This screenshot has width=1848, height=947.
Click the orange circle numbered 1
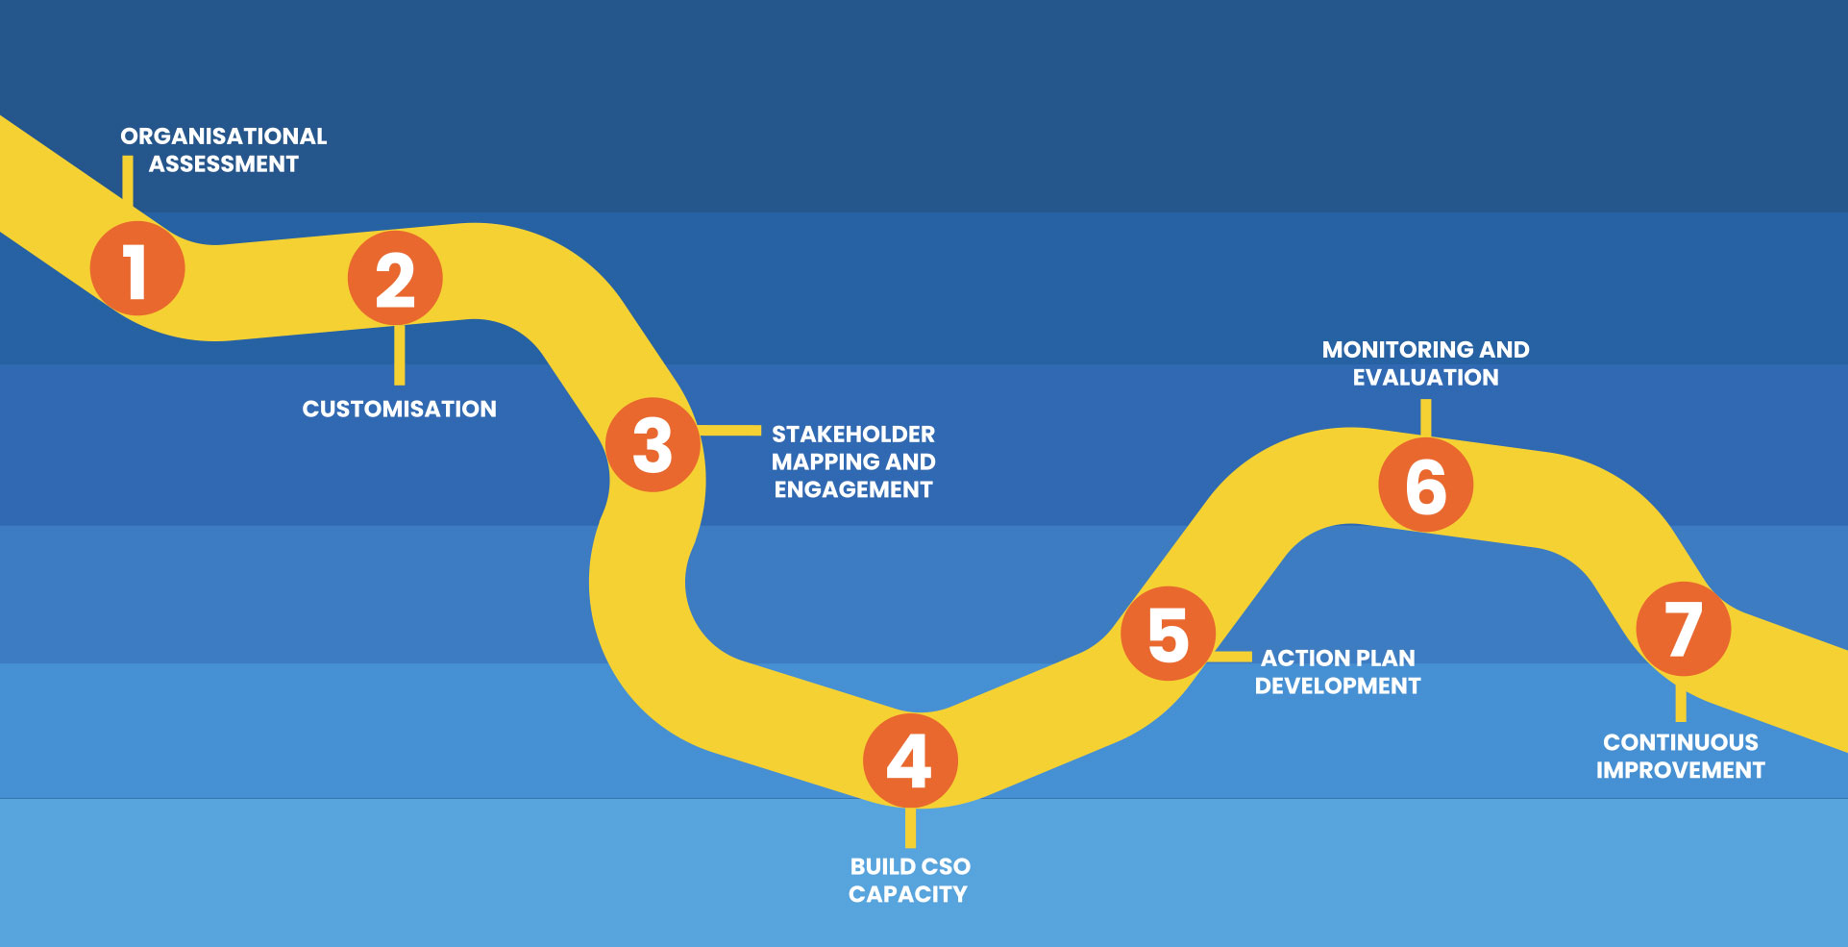click(137, 268)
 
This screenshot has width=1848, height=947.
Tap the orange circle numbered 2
click(395, 278)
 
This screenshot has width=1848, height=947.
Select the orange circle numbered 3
click(653, 445)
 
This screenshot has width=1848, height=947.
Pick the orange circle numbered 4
click(910, 760)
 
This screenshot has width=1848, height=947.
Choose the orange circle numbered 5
click(1168, 634)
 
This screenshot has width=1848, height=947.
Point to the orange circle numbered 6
click(1425, 485)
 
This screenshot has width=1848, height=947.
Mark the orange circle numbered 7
click(1683, 629)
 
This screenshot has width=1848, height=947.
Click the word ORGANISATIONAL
click(223, 137)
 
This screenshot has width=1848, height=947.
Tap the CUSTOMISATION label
click(399, 410)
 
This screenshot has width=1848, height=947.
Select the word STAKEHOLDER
click(853, 435)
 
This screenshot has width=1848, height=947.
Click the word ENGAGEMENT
click(853, 490)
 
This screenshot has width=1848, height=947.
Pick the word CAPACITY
click(908, 895)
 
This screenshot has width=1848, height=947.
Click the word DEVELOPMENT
click(1337, 686)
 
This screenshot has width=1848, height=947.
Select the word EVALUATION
click(1425, 378)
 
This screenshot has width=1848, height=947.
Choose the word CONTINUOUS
click(1680, 743)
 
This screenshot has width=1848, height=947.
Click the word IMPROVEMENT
click(1680, 771)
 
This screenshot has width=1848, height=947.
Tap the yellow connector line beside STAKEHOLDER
click(730, 431)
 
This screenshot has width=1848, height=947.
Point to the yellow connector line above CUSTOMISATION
click(399, 355)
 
